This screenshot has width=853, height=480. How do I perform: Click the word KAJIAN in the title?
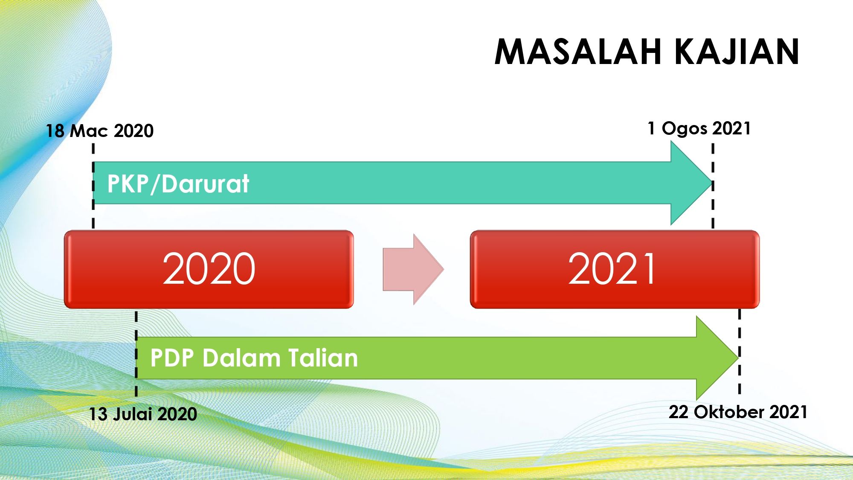click(737, 52)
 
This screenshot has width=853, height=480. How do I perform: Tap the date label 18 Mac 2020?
click(100, 131)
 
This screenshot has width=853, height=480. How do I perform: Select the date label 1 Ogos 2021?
click(699, 128)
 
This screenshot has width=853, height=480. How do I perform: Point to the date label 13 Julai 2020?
click(143, 414)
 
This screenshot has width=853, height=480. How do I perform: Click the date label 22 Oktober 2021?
click(738, 412)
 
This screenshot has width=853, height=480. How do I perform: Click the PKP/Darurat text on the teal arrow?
click(178, 184)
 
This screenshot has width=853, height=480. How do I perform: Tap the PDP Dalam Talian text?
click(254, 358)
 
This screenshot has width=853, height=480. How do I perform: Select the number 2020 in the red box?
click(209, 268)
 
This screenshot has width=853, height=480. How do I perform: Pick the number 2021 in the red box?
click(612, 268)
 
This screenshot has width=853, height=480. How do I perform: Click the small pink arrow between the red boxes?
click(413, 269)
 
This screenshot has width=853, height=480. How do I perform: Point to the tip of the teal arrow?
click(712, 183)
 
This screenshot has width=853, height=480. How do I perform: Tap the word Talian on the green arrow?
click(323, 358)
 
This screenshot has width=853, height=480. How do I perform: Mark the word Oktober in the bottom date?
click(729, 412)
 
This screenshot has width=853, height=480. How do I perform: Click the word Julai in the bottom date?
click(133, 414)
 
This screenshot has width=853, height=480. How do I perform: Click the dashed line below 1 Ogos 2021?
click(713, 186)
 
